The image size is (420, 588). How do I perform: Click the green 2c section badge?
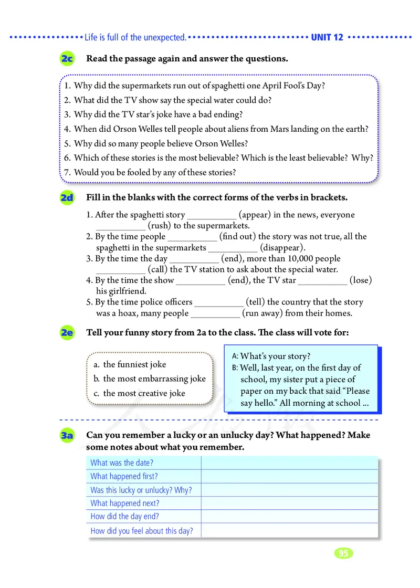coord(67,59)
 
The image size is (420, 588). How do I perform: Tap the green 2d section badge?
coord(67,198)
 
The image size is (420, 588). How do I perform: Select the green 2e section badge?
coord(67,333)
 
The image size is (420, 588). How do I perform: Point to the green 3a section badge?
coord(67,436)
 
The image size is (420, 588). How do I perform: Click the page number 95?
coord(343,553)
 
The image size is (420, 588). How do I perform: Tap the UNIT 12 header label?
coord(327,37)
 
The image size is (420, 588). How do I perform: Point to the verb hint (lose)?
coord(361,280)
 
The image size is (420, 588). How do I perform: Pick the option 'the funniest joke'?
coord(134,364)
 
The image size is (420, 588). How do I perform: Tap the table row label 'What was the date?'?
coord(122,463)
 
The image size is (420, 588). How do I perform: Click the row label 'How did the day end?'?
coord(124,516)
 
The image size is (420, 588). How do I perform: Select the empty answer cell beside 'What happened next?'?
coord(289,503)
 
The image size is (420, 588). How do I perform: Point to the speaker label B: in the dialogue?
coord(235,367)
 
